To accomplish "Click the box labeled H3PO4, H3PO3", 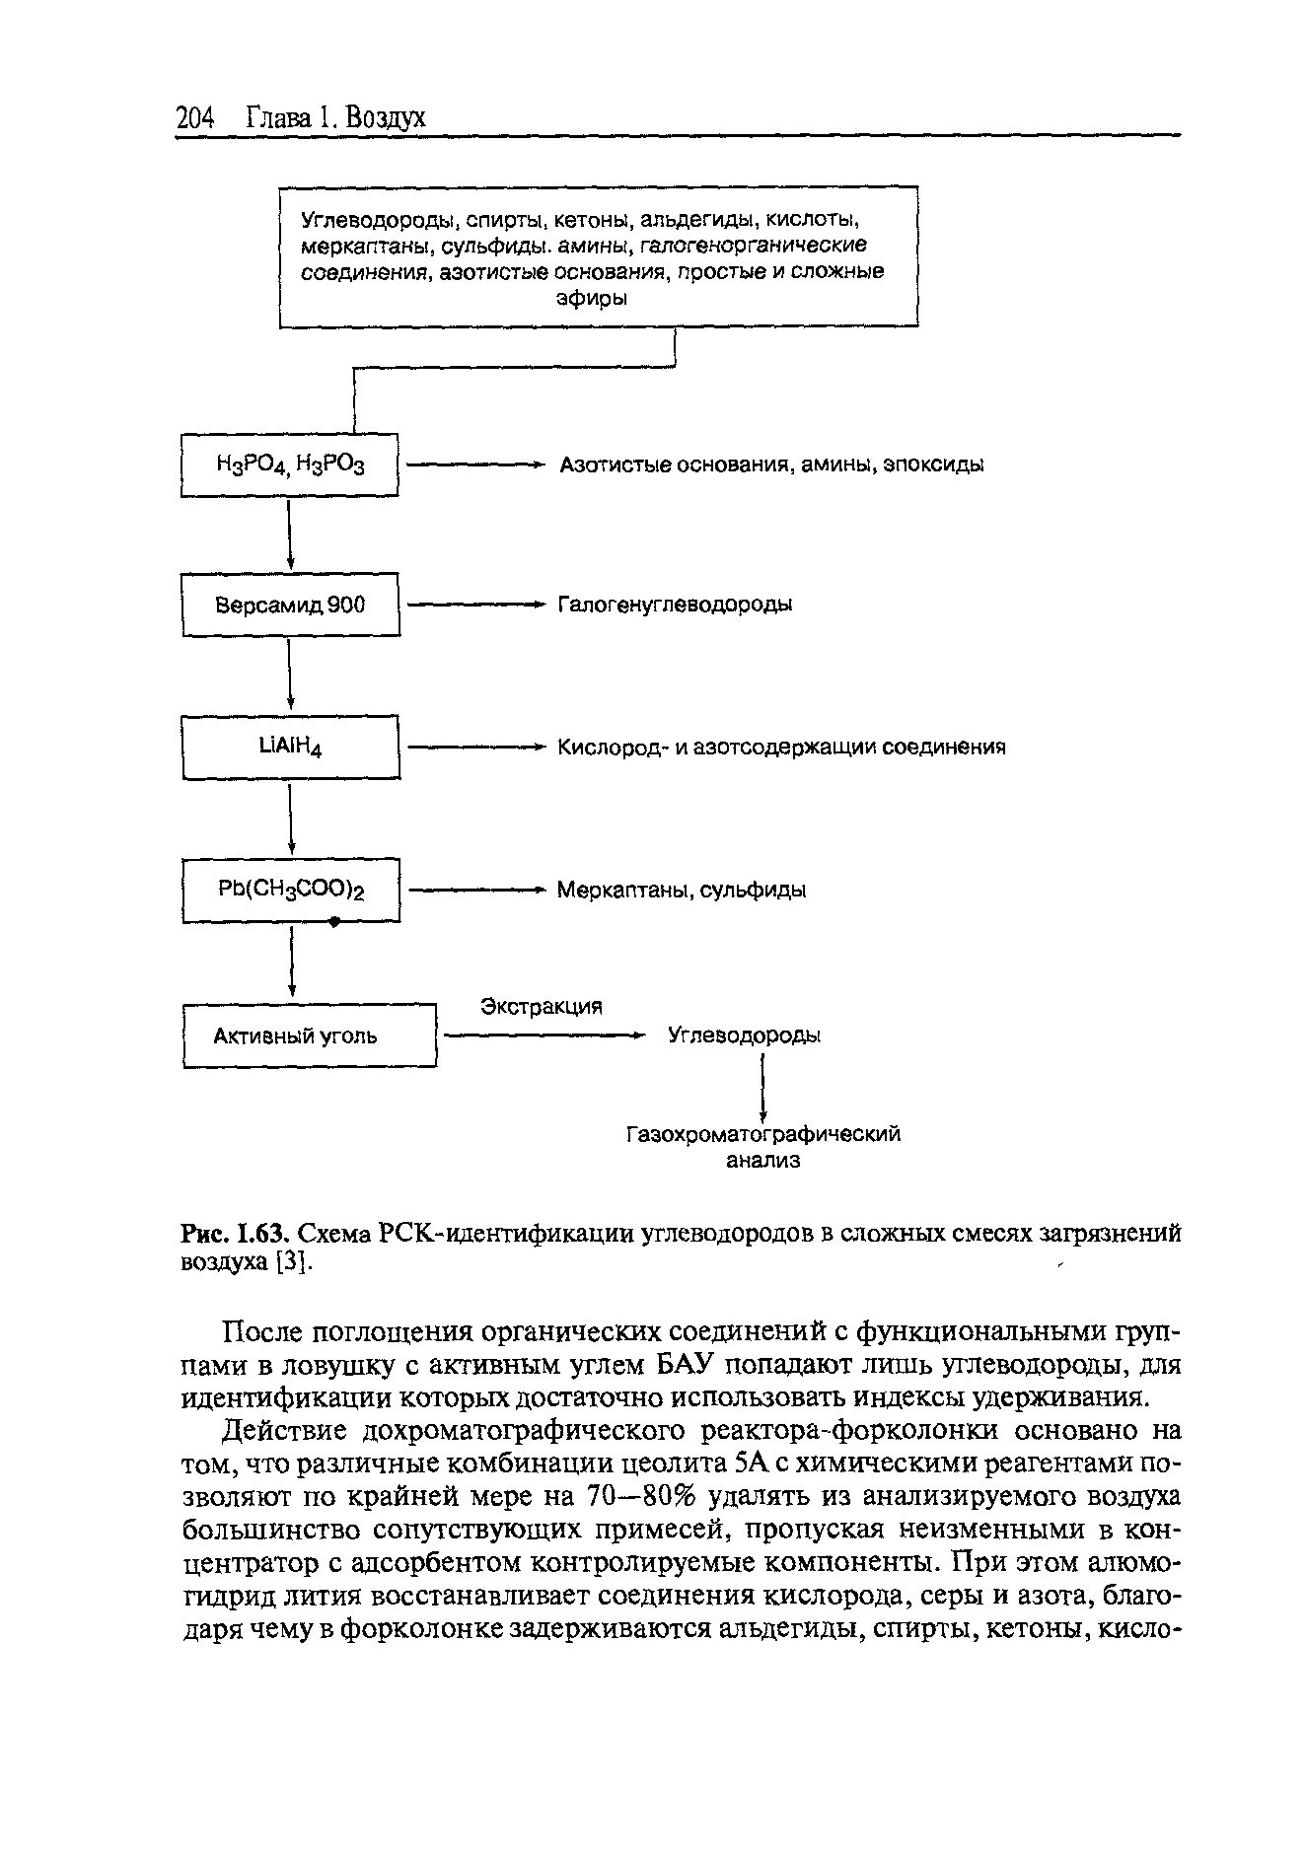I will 290,464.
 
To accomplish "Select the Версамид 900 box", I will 290,605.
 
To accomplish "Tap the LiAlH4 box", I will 290,747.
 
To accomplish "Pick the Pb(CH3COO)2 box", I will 291,890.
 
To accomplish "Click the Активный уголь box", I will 309,1035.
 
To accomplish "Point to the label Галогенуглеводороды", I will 676,604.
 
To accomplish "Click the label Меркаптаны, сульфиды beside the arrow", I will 682,890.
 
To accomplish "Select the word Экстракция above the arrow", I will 541,1007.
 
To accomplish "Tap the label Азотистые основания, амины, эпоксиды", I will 771,464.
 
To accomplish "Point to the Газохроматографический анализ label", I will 763,1147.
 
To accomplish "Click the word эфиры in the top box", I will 592,298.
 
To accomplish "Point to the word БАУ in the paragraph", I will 688,1365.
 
